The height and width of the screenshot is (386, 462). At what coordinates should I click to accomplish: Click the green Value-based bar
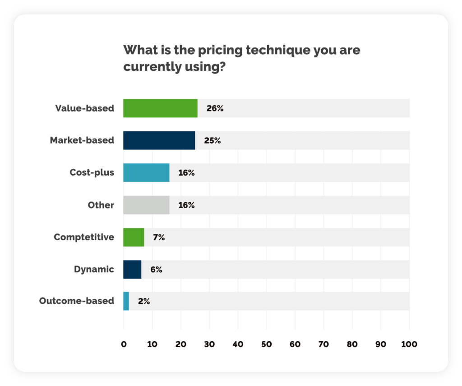[160, 108]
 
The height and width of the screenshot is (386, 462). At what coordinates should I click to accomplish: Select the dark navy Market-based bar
[159, 140]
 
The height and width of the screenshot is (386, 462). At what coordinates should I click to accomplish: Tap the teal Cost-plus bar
[146, 172]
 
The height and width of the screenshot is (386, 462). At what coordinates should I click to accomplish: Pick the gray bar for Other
[146, 205]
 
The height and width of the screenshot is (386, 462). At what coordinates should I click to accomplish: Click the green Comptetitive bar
[134, 237]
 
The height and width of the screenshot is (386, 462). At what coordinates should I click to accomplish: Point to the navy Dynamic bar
[132, 270]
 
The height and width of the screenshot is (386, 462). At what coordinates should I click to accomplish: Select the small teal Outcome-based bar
[126, 301]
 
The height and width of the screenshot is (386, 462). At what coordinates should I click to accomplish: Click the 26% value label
[215, 108]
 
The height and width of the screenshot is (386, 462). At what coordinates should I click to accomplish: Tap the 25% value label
[212, 140]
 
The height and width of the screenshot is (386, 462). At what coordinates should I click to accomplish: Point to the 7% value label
[159, 237]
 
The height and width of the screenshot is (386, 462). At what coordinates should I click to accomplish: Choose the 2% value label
[144, 301]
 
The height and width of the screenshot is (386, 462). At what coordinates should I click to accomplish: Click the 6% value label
[156, 270]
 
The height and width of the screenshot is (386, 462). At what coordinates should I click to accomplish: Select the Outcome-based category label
[77, 301]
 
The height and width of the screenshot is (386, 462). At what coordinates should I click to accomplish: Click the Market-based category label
[82, 140]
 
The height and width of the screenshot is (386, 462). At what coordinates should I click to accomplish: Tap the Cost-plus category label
[92, 172]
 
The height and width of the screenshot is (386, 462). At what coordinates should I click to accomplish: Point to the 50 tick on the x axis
[267, 344]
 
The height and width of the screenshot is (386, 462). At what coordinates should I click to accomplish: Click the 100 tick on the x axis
[409, 344]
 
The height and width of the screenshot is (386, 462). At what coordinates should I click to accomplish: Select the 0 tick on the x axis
[124, 344]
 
